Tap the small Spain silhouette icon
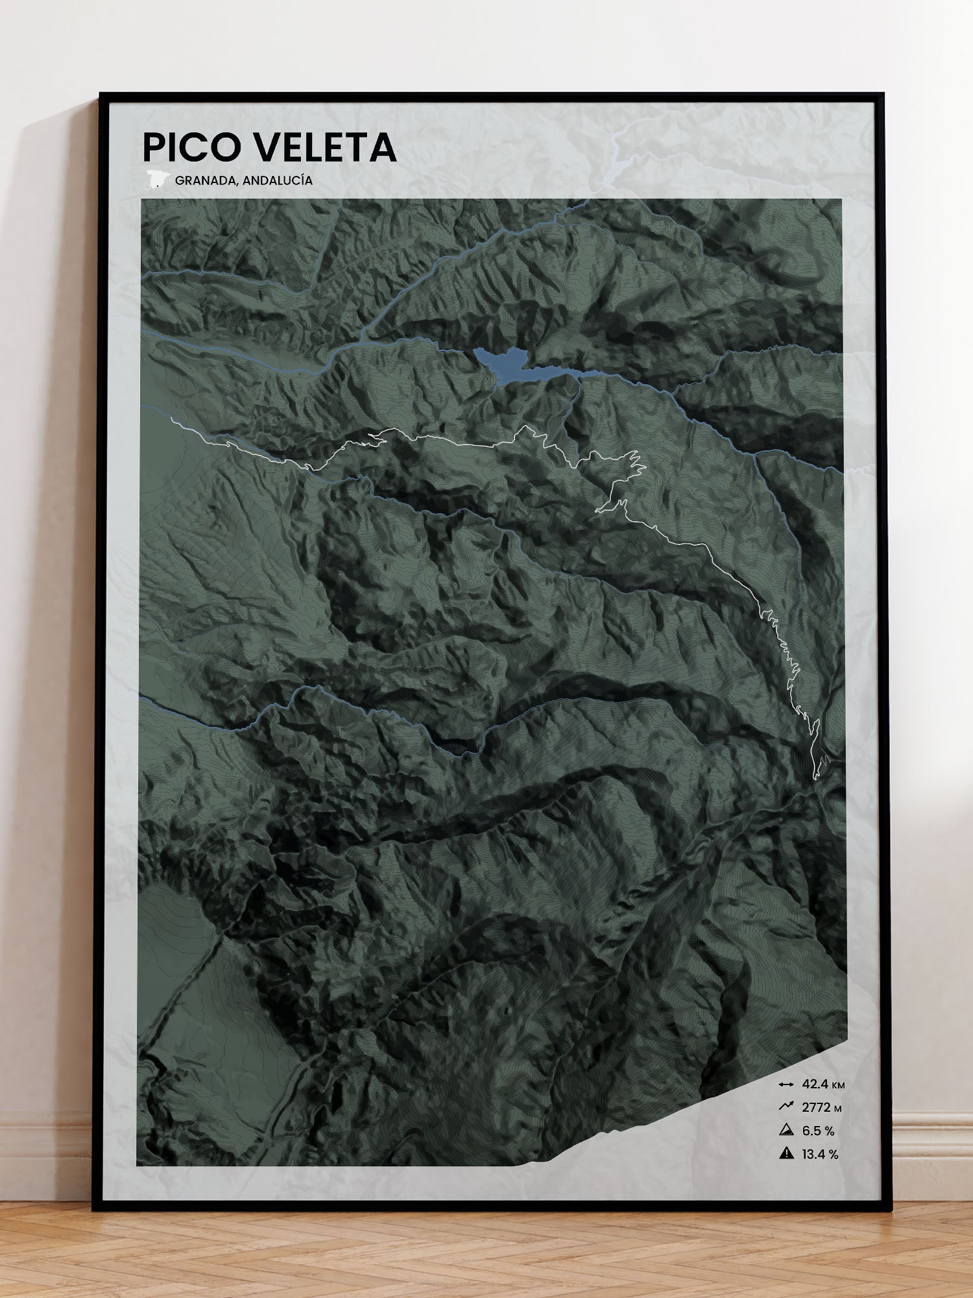pos(156,179)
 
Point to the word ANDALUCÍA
pos(282,180)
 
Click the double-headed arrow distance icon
pos(786,1084)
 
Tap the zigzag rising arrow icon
pos(786,1107)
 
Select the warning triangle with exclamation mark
pos(786,1154)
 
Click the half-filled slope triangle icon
pos(786,1131)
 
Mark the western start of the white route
pos(171,420)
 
